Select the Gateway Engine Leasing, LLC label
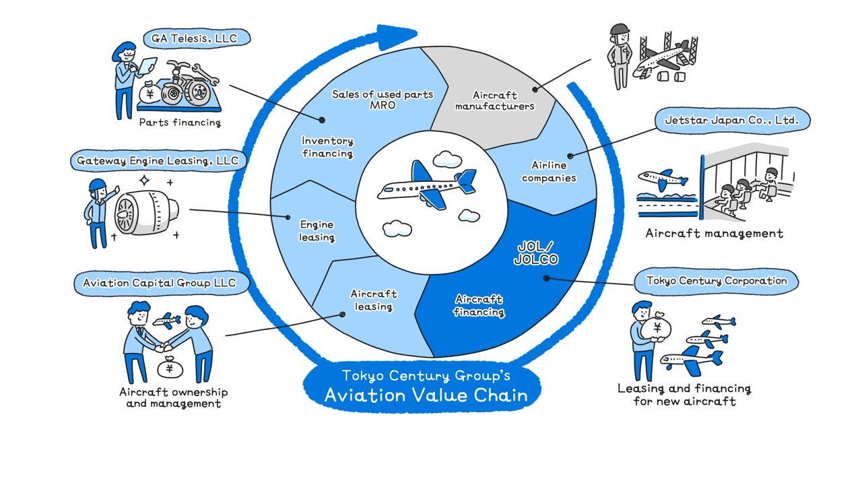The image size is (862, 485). [x=158, y=161]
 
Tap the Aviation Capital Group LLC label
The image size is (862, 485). [x=160, y=283]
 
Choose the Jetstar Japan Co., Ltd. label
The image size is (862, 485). [x=733, y=121]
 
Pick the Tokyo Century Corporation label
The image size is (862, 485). [x=717, y=281]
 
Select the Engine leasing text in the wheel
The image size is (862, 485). [x=317, y=231]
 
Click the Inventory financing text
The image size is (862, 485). [x=327, y=147]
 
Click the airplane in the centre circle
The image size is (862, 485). [x=427, y=185]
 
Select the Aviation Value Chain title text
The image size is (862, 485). [x=426, y=395]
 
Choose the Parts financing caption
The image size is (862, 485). [x=180, y=123]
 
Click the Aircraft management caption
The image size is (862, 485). [x=714, y=234]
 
